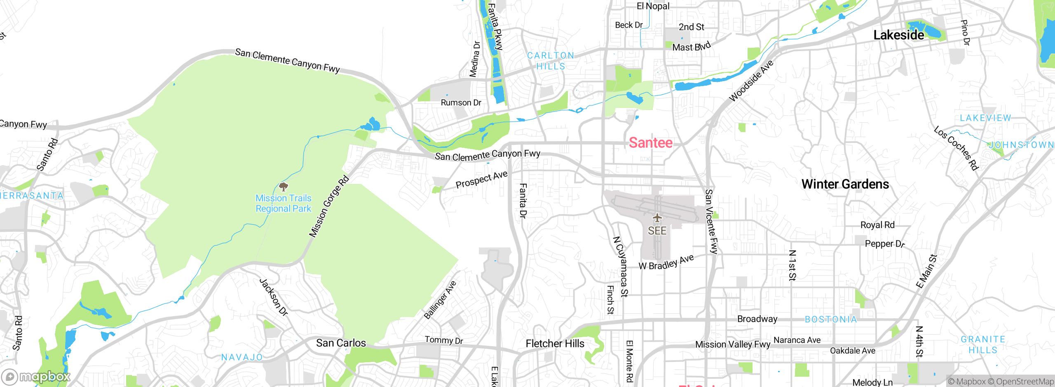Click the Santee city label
point(650,143)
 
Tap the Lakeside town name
point(898,35)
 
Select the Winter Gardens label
point(845,184)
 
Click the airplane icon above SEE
point(657,217)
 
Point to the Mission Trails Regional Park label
point(284,203)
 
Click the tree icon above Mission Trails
point(284,187)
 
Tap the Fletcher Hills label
point(555,343)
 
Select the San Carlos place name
point(341,343)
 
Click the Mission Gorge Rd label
point(329,207)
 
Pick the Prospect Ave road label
point(481,180)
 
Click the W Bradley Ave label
point(666,263)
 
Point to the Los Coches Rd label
point(956,148)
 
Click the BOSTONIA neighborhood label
point(831,319)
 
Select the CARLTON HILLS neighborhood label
point(551,61)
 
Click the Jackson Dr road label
point(273,297)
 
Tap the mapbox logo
point(35,377)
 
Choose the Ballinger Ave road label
point(440,300)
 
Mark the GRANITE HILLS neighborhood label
point(983,345)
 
